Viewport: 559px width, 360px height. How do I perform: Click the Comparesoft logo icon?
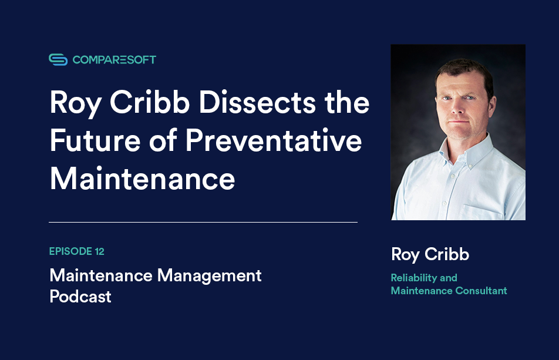pos(58,59)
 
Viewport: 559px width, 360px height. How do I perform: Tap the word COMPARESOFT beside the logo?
pos(115,59)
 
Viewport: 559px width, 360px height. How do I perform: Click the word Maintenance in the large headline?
pos(142,179)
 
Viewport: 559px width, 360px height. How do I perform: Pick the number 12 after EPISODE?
pos(99,251)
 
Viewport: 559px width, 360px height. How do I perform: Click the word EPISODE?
pos(69,251)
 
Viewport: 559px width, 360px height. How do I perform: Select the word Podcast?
pos(80,297)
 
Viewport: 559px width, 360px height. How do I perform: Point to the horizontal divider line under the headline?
pos(203,223)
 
